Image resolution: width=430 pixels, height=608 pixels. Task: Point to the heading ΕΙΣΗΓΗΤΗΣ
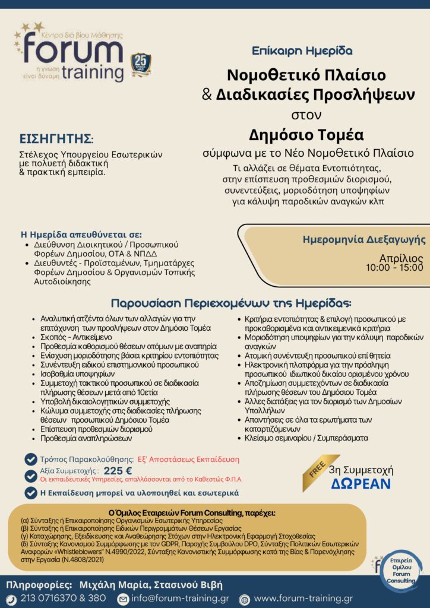pos(56,140)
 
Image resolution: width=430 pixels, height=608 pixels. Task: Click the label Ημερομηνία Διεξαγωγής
pos(364,240)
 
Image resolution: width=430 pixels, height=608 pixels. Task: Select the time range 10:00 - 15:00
pos(395,268)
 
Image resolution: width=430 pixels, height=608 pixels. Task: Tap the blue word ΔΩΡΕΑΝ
pos(361,483)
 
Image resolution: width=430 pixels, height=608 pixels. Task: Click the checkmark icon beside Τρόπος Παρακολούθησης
pos(30,459)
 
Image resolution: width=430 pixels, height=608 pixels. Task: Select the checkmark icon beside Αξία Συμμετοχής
pos(30,473)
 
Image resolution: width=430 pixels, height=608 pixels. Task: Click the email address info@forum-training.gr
pos(180,598)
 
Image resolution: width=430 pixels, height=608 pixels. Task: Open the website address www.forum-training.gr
pos(303,598)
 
